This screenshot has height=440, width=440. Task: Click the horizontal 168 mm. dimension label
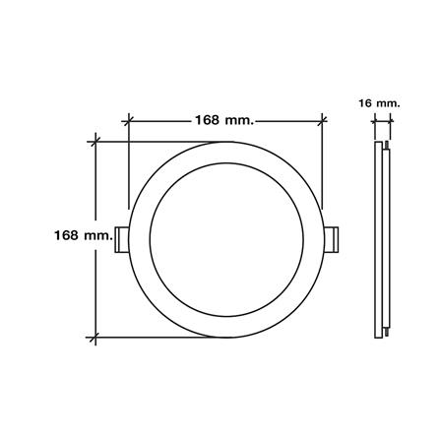tap(224, 120)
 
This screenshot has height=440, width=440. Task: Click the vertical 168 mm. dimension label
tap(84, 235)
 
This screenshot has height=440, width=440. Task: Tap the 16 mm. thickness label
tap(379, 103)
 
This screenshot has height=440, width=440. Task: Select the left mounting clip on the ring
tap(121, 239)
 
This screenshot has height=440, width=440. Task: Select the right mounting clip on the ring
tap(331, 239)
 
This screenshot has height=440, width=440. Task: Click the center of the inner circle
tap(226, 239)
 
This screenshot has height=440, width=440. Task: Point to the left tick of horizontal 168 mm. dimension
tap(128, 121)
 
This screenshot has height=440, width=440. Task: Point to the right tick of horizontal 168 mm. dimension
tap(323, 121)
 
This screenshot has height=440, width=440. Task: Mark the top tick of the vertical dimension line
tap(95, 142)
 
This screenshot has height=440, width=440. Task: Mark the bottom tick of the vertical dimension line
tap(95, 337)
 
